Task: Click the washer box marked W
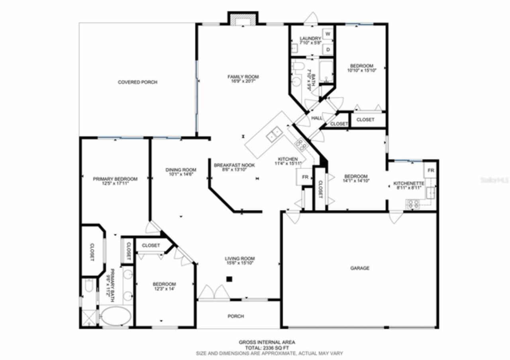(328, 34)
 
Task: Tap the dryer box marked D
(328, 49)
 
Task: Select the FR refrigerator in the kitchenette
(430, 170)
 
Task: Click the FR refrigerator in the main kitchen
(305, 177)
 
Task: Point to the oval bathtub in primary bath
(115, 317)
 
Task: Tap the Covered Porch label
(137, 82)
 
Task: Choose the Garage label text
(359, 268)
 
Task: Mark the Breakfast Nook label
(234, 165)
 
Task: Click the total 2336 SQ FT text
(267, 348)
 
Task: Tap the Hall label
(317, 118)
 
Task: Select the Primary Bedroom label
(115, 179)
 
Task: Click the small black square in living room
(229, 279)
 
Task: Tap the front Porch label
(235, 316)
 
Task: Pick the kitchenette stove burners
(413, 204)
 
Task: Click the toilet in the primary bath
(89, 286)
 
